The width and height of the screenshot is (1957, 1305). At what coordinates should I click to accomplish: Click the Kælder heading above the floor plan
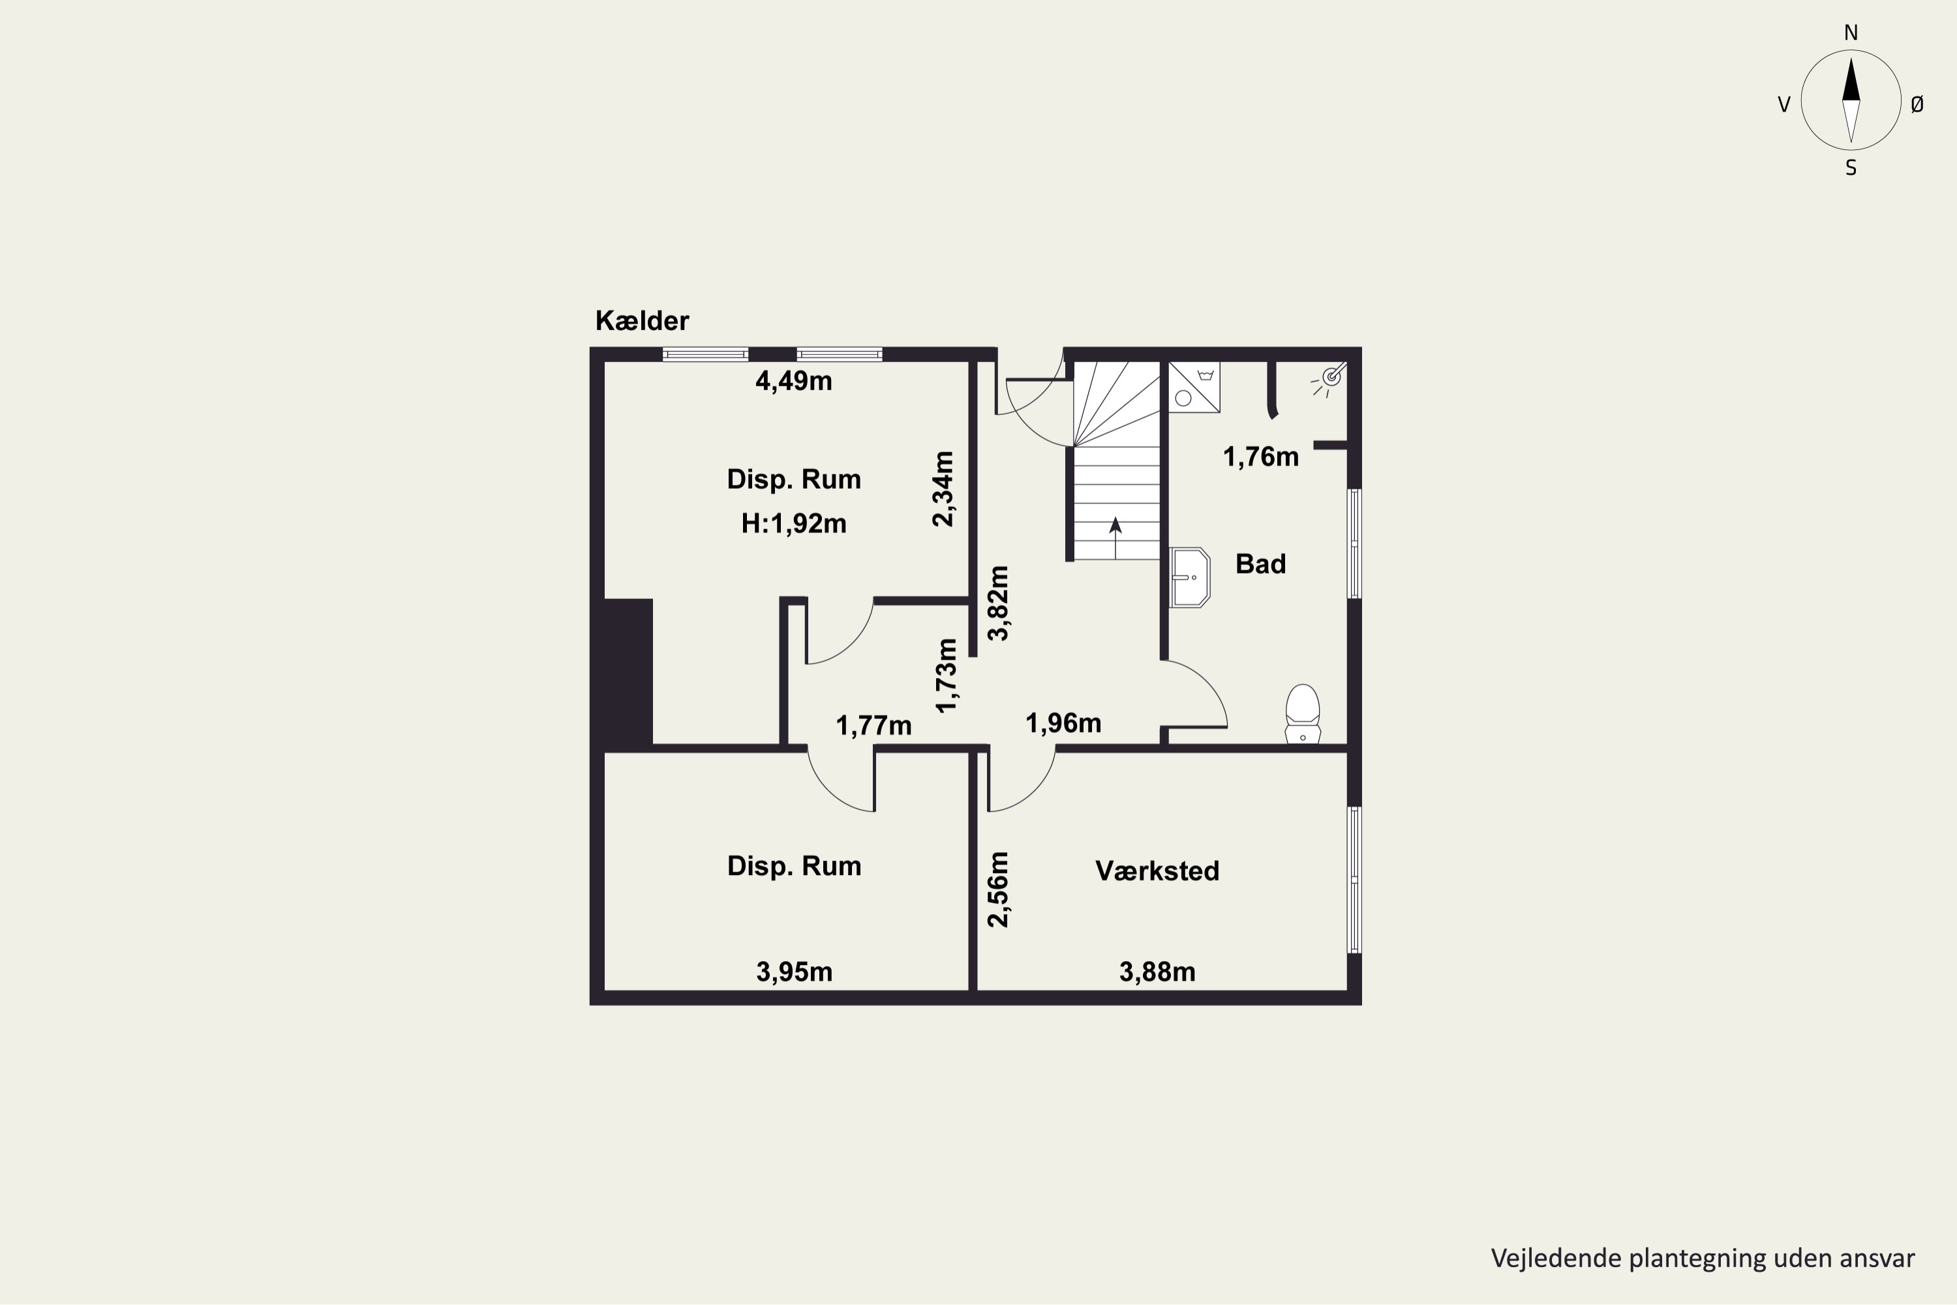pos(641,320)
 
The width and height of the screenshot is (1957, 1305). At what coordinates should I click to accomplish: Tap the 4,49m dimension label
pos(793,381)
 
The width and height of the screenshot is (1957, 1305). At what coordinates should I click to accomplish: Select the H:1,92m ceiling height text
pos(794,523)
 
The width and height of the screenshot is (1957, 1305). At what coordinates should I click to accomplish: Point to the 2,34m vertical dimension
pos(943,489)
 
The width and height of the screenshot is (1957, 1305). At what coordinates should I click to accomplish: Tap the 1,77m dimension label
pos(873,726)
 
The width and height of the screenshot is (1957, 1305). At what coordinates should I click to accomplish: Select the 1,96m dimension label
pos(1063,723)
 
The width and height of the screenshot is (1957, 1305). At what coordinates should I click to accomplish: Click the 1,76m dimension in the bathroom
pos(1260,457)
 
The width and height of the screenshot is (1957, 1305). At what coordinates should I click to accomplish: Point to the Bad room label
pos(1260,564)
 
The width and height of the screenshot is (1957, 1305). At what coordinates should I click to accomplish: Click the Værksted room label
pos(1157,870)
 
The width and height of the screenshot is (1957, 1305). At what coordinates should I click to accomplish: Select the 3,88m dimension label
pos(1157,972)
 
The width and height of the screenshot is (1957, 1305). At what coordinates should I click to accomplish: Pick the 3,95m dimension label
pos(794,972)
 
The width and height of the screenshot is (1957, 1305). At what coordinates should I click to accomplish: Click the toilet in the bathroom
pos(1302,713)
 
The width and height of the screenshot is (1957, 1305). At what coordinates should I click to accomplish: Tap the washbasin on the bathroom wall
pos(1189,577)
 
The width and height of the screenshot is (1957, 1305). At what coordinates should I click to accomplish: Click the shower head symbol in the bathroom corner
pos(1331,378)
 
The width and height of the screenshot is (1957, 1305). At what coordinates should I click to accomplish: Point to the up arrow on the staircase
pos(1115,538)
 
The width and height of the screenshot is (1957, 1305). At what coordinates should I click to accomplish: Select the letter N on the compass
pos(1851,33)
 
